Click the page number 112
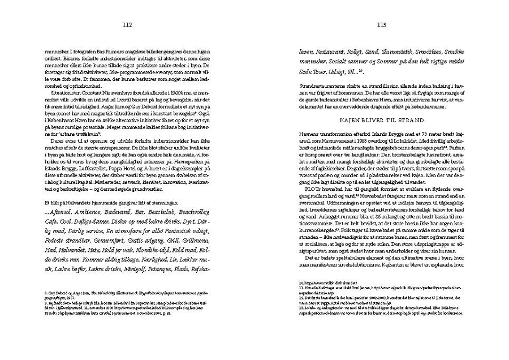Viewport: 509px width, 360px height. [x=127, y=25]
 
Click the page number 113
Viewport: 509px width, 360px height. [x=381, y=25]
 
